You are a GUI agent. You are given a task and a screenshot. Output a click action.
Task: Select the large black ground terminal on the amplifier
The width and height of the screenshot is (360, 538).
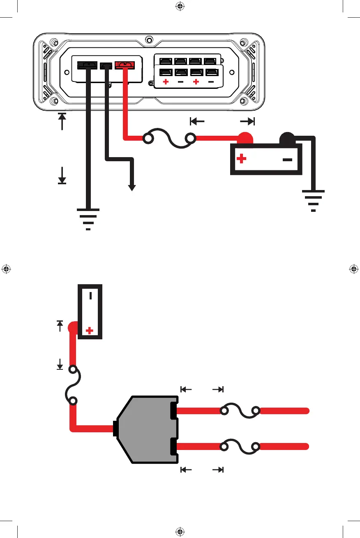pyautogui.click(x=88, y=65)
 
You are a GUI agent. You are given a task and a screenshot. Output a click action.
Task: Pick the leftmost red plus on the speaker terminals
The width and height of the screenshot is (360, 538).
pyautogui.click(x=166, y=82)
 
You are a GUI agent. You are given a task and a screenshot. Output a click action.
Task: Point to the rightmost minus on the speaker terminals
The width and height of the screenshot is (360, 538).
pyautogui.click(x=211, y=82)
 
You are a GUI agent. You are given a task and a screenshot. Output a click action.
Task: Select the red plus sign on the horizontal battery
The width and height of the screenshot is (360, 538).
pyautogui.click(x=242, y=159)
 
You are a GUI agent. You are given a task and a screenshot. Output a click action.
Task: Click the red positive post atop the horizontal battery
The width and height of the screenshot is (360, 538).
pyautogui.click(x=245, y=139)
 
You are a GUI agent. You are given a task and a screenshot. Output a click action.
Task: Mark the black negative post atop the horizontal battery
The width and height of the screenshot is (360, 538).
pyautogui.click(x=286, y=139)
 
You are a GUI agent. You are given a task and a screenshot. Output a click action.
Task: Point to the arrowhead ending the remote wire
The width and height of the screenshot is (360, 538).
pyautogui.click(x=132, y=187)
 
